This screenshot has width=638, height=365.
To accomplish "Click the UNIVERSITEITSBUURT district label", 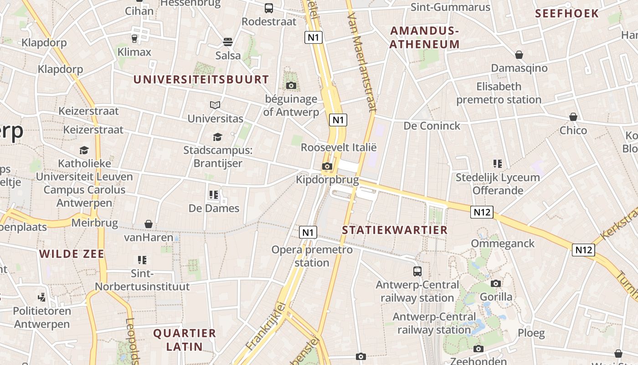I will (x=201, y=79).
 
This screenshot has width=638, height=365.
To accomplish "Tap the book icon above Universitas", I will (x=215, y=105).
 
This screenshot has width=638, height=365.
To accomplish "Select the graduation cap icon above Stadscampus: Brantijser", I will (x=218, y=137).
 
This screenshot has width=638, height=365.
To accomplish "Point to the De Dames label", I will (x=214, y=209).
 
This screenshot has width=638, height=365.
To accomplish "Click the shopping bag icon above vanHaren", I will (x=149, y=224).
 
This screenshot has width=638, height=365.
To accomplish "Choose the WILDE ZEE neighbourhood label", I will (x=72, y=254).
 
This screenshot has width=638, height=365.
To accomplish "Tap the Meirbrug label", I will (x=95, y=224).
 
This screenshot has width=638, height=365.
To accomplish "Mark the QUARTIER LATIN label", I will (x=185, y=339).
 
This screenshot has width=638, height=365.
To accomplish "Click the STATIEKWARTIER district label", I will (x=395, y=230).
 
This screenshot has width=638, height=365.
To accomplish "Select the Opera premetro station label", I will (x=312, y=256).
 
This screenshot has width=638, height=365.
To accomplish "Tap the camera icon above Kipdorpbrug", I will (x=327, y=167).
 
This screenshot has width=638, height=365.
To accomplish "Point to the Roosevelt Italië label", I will (x=339, y=147).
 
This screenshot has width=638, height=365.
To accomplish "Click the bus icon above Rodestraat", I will (x=269, y=8).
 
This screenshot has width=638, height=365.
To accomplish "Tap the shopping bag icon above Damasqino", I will (x=519, y=55).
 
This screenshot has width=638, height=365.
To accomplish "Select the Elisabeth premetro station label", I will (x=499, y=93).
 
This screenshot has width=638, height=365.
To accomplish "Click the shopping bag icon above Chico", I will (x=573, y=117).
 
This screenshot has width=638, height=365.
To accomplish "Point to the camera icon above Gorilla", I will (x=496, y=284).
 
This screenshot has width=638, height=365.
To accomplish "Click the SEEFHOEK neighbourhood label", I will (x=567, y=13).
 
